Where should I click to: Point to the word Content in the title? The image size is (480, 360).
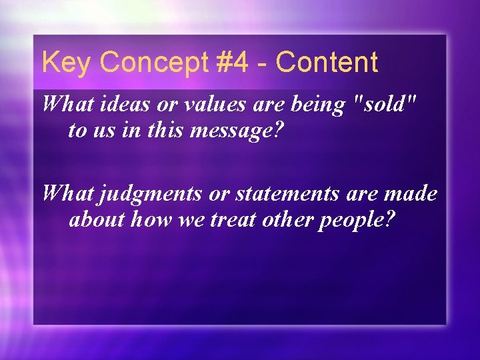click(327, 63)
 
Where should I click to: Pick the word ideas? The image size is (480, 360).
click(122, 104)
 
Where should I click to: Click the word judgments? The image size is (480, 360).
click(145, 195)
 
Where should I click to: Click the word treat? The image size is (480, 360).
click(233, 219)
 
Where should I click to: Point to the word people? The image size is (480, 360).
click(357, 219)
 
